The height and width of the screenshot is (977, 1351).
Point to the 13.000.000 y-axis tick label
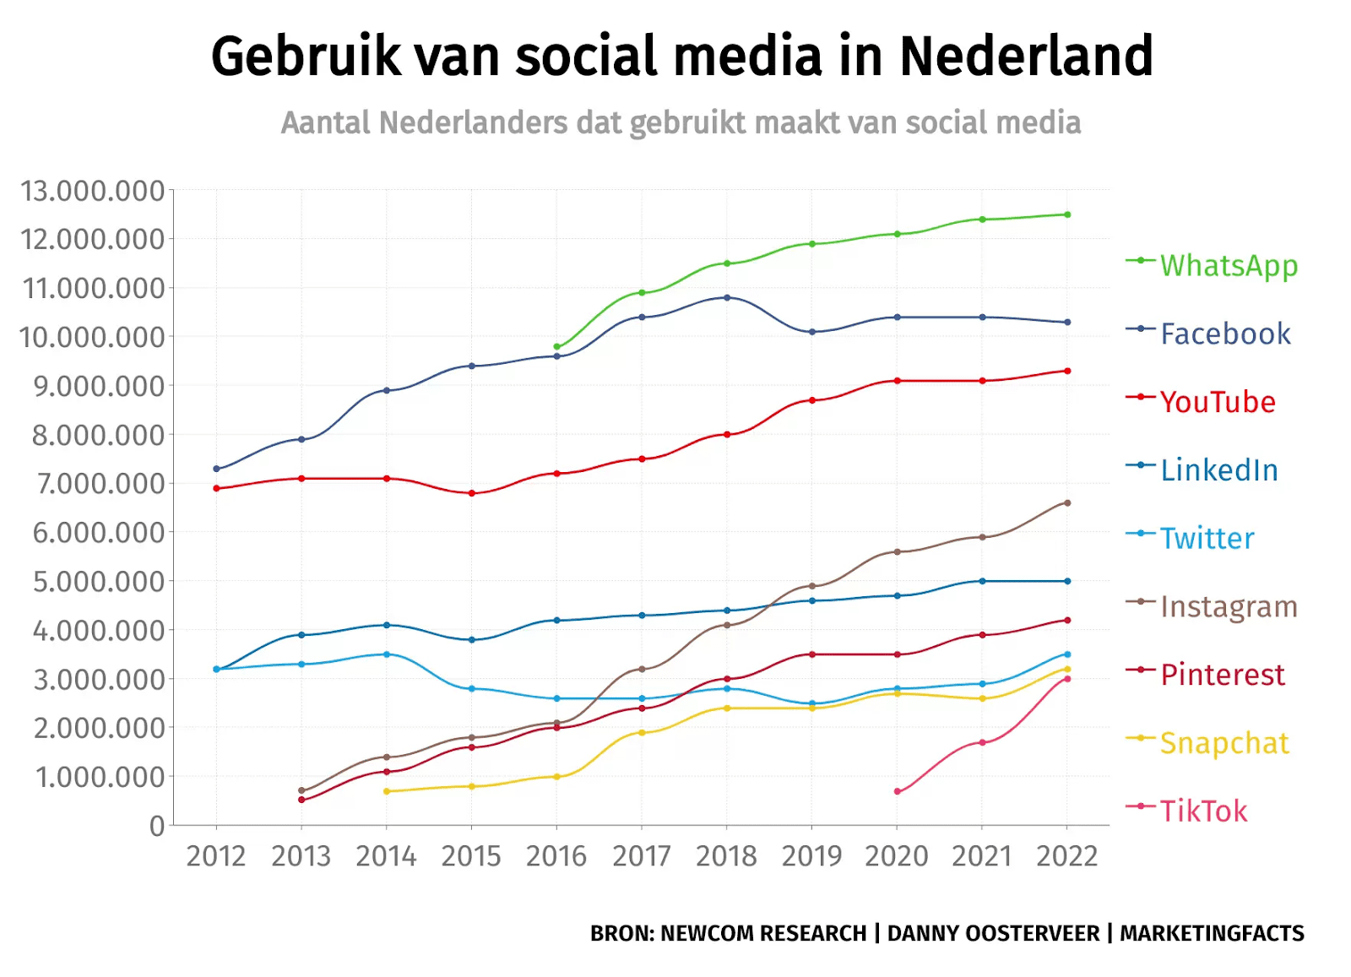tap(93, 191)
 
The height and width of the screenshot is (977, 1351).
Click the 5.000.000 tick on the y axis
tap(99, 582)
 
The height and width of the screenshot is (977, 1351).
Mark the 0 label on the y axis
tap(157, 826)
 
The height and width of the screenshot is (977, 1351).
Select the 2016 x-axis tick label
tap(556, 856)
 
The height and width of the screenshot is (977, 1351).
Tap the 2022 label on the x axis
tap(1066, 856)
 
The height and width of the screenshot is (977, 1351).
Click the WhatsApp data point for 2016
tap(556, 347)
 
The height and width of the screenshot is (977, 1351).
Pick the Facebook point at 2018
tap(727, 298)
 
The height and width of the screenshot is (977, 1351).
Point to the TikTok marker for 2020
tap(897, 791)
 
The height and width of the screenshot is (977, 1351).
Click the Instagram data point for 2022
tap(1067, 503)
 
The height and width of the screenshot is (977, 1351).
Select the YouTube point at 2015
tap(471, 493)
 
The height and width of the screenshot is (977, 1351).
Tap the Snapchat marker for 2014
tap(387, 791)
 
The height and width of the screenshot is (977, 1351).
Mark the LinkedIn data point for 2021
tap(982, 581)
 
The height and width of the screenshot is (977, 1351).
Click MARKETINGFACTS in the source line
tap(1212, 933)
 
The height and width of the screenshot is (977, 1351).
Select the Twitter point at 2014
tap(387, 654)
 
